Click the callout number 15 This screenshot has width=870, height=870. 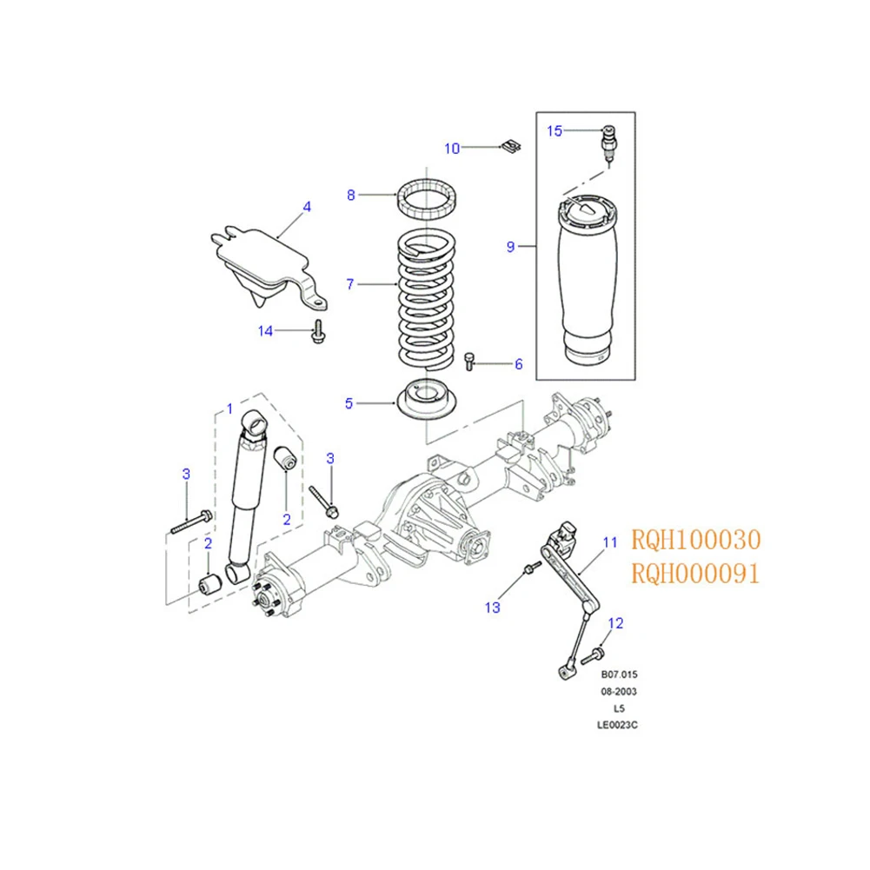point(555,131)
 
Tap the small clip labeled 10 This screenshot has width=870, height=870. point(512,147)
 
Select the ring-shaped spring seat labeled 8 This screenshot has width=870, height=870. point(427,199)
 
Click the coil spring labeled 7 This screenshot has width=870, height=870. point(427,300)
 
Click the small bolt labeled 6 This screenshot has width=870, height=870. point(469,362)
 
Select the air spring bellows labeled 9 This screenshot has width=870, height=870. point(588,280)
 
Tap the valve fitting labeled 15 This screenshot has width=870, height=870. point(609,143)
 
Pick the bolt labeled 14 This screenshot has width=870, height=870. point(318,331)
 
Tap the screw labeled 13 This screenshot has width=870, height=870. point(532,567)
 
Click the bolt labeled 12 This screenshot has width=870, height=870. point(593,655)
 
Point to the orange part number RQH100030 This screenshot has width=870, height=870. point(696,540)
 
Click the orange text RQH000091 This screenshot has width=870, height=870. point(695,573)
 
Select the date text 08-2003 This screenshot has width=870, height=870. point(619,691)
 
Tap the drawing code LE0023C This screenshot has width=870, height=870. point(617,725)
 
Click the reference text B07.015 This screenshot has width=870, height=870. point(619,674)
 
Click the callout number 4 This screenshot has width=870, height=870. point(307,207)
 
